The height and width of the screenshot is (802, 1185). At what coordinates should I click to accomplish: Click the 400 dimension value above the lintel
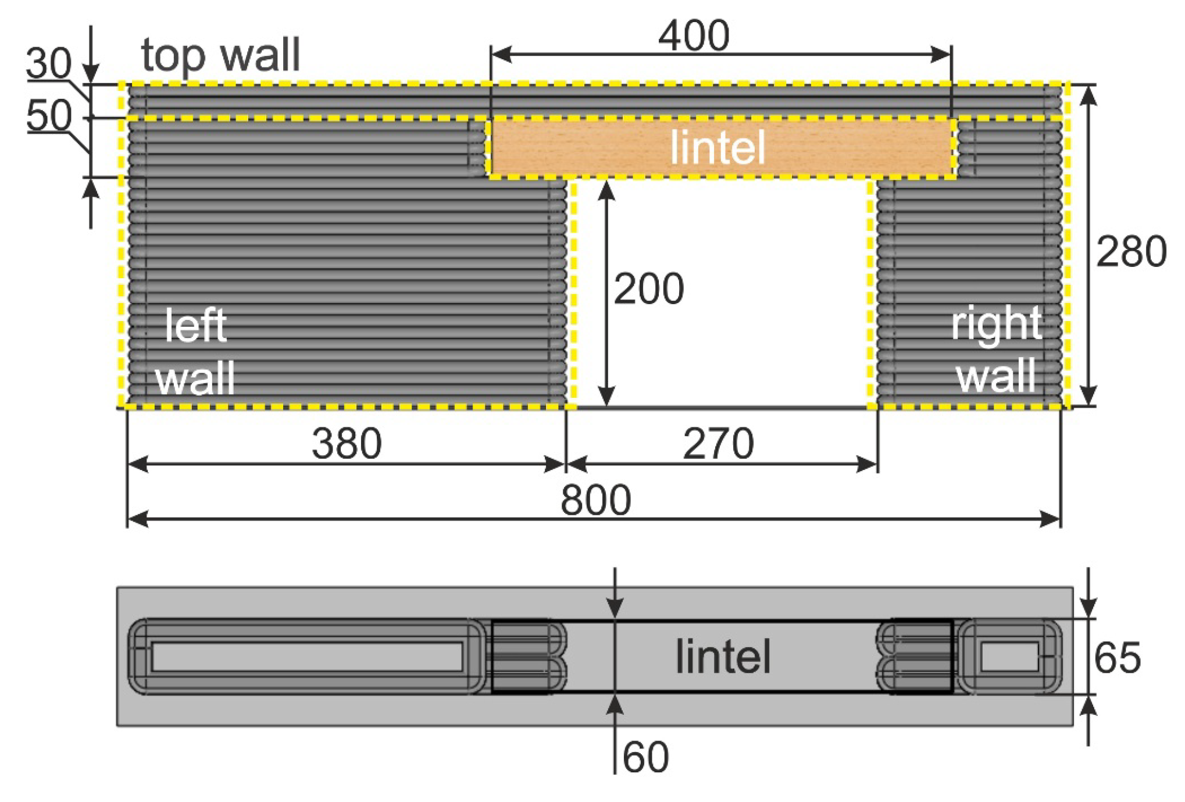(x=694, y=35)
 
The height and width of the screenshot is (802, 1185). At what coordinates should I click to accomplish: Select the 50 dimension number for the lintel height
(x=49, y=115)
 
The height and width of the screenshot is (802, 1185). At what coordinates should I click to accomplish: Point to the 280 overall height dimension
(x=1131, y=251)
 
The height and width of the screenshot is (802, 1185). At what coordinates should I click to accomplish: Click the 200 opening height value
(x=648, y=288)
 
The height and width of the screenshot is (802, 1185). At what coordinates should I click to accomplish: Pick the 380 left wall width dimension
(x=347, y=444)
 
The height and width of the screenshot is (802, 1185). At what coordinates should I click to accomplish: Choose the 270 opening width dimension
(x=718, y=444)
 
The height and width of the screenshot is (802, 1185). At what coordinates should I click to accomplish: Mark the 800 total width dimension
(x=595, y=500)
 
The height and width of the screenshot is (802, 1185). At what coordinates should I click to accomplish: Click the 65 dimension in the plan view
(x=1117, y=658)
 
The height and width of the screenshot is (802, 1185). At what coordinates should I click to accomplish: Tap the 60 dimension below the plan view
(x=645, y=757)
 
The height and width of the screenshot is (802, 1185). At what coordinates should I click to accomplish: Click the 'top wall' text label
(x=220, y=55)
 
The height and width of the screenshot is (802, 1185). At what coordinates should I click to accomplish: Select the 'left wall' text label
(x=195, y=352)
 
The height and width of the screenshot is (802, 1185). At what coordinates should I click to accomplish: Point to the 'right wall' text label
(x=996, y=349)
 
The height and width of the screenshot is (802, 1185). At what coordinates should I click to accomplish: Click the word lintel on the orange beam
(x=718, y=148)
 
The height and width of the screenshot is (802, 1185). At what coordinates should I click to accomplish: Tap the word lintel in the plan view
(x=723, y=657)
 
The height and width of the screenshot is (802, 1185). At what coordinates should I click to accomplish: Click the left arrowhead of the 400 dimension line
(x=500, y=55)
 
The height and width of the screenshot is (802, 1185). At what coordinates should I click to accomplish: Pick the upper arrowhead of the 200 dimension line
(x=606, y=190)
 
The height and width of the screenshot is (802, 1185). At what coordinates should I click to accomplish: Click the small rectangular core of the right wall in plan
(x=1009, y=657)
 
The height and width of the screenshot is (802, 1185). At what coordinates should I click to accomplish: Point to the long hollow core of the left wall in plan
(x=307, y=657)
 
